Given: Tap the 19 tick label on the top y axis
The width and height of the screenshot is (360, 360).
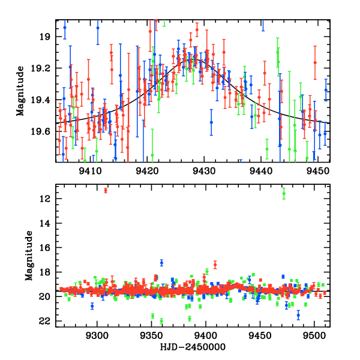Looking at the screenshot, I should [47, 37].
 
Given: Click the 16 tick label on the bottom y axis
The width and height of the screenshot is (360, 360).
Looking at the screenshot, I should [44, 247].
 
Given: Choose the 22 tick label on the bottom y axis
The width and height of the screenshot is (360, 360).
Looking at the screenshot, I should [44, 321].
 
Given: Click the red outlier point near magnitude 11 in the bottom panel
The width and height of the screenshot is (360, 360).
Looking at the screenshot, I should [106, 190].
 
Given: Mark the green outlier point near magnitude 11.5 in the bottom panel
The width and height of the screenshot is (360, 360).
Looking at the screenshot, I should [284, 194].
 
